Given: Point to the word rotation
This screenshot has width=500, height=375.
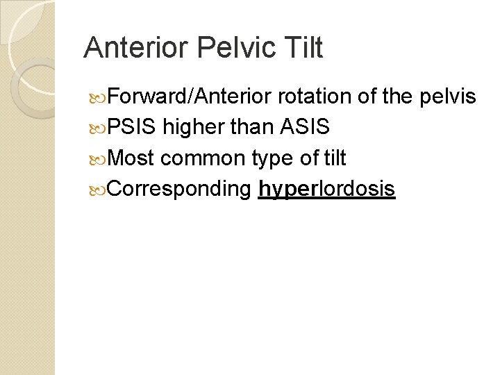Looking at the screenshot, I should pyautogui.click(x=315, y=97).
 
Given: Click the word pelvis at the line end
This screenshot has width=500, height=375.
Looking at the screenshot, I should pyautogui.click(x=448, y=97).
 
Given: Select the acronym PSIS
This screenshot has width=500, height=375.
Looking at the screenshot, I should pyautogui.click(x=133, y=127).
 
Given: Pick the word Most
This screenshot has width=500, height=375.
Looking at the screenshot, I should pyautogui.click(x=132, y=158).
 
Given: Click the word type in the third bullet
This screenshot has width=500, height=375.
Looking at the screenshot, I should pyautogui.click(x=273, y=159).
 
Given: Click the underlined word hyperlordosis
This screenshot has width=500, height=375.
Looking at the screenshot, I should pyautogui.click(x=326, y=189).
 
